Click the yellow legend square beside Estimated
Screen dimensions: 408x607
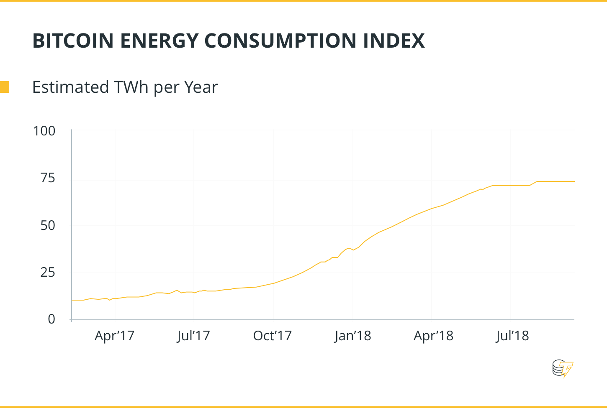[x=4, y=87]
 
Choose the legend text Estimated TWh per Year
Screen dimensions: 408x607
[x=125, y=87]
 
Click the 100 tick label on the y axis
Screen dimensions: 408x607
[x=44, y=131]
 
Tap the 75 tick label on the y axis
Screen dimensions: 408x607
[x=48, y=178]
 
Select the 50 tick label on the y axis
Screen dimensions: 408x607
[x=48, y=226]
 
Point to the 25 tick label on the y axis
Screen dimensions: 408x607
[x=48, y=273]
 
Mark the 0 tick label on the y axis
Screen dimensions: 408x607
[x=51, y=319]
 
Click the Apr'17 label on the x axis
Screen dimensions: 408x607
[x=114, y=336]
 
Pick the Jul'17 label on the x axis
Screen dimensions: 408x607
[x=193, y=336]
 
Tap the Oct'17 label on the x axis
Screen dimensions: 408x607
[x=272, y=336]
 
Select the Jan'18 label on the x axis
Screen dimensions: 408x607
[x=352, y=336]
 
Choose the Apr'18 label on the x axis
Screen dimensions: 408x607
[x=433, y=336]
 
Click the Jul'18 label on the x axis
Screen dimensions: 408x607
[x=512, y=336]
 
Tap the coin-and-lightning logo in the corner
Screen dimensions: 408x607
[x=562, y=368]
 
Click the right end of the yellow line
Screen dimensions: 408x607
[x=574, y=181]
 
